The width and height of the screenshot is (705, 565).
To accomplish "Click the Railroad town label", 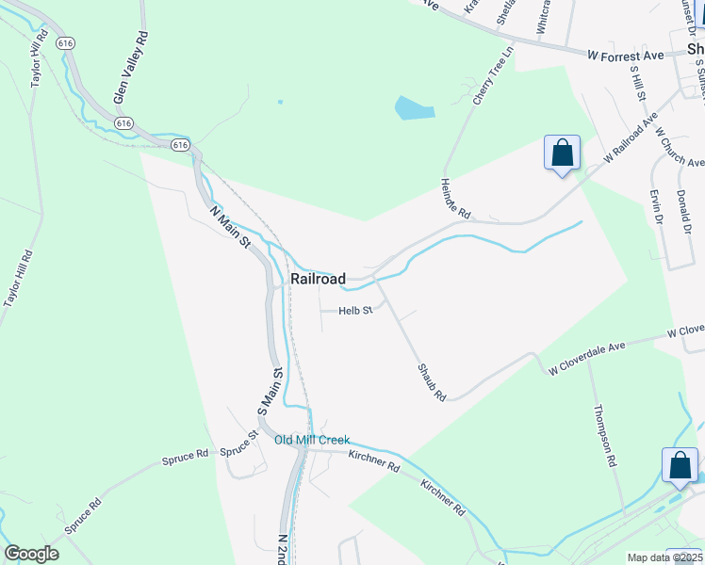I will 318,279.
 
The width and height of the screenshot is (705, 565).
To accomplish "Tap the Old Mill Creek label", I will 312,440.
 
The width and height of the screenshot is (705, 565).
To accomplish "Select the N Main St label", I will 231,229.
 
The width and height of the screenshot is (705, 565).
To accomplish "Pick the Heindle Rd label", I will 454,199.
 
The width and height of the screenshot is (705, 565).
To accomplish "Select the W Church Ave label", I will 678,147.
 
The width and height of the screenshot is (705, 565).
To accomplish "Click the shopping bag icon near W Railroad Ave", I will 562,153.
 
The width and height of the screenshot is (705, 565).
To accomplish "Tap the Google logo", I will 31,554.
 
